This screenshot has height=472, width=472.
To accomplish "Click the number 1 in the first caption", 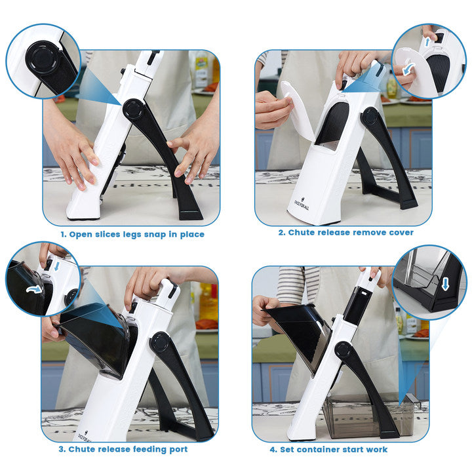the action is pos(63,235).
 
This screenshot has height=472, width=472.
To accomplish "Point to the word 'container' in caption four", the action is pos(317,450).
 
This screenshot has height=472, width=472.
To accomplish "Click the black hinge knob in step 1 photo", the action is pos(132,109).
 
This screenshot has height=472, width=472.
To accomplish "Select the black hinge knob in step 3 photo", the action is pos(159,342).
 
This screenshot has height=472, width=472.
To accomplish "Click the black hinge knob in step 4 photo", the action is pos(344,351).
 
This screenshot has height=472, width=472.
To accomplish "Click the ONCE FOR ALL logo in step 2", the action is pos(302,203).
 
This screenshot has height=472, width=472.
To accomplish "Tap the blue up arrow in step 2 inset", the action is pos(427,41).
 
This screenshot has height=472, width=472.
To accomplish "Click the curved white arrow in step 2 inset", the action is pos(408,70).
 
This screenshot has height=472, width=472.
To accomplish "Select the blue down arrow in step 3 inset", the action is pos(56,265).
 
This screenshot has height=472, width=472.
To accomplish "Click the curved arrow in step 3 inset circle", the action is pos(33,289).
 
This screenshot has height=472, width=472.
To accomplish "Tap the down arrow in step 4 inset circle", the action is pos(445,284).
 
